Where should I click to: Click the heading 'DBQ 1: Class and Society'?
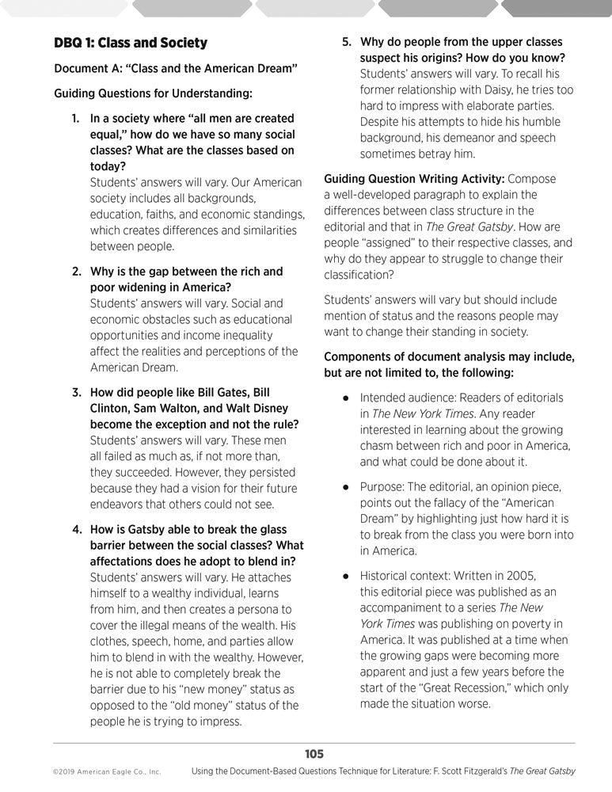coord(130,43)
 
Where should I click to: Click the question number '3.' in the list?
coord(77,393)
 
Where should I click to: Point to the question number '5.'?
coord(347,41)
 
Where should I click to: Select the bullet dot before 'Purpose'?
coord(345,487)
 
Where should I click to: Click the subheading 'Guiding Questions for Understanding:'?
coord(153,93)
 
